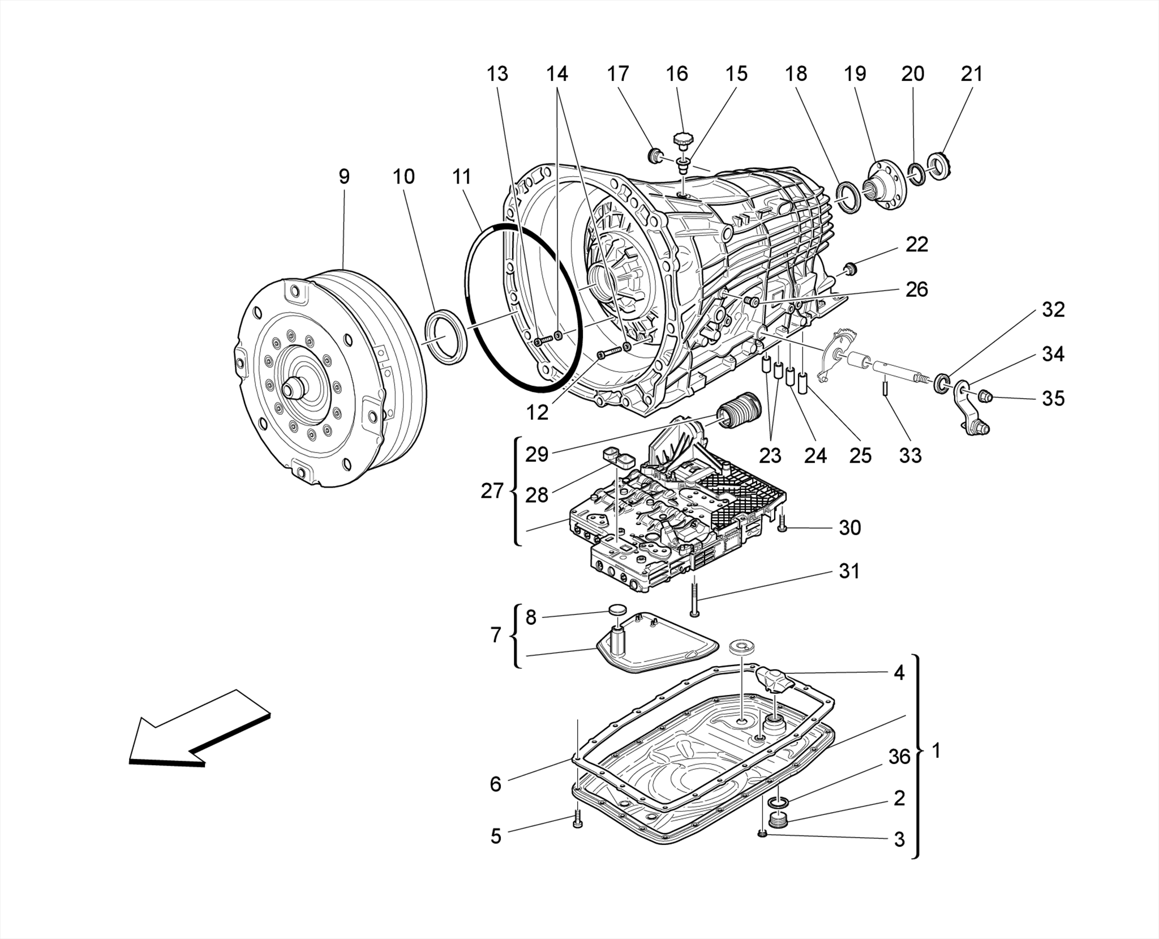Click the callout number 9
click(x=344, y=177)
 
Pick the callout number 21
click(x=972, y=74)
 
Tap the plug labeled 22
click(x=849, y=268)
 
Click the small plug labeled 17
click(x=656, y=155)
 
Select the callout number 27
click(x=492, y=491)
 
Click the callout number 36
click(x=899, y=757)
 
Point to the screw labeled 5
click(x=577, y=818)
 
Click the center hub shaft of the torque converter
click(x=293, y=390)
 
